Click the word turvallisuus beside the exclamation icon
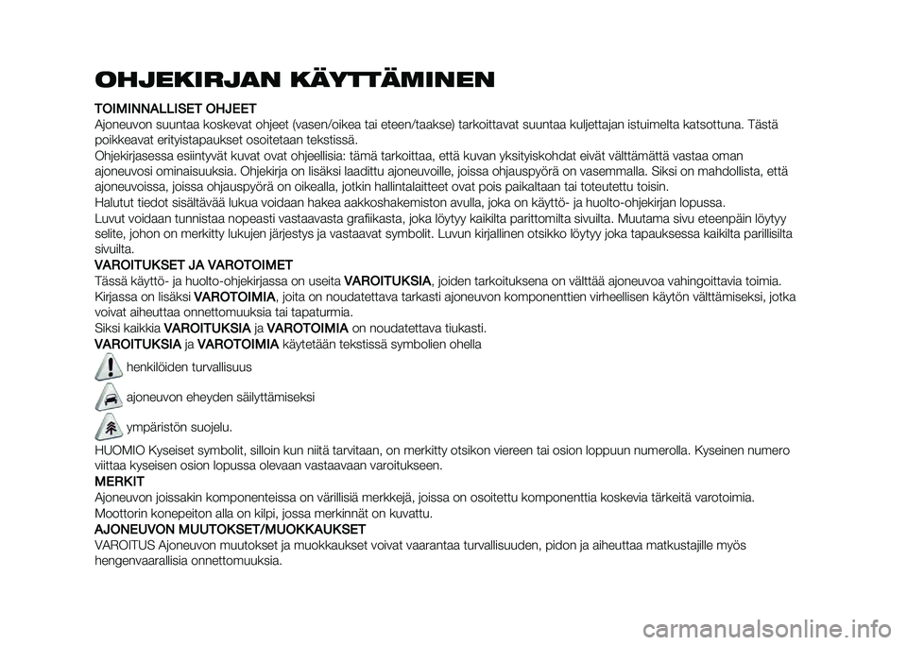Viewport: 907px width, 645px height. point(225,365)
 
